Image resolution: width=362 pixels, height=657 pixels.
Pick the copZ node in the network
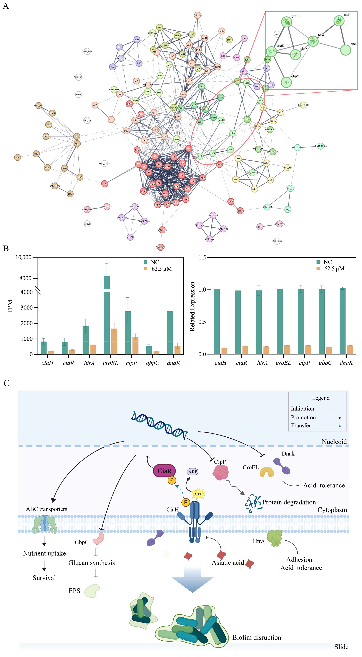[240, 211]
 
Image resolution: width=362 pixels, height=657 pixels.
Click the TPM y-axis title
[10, 306]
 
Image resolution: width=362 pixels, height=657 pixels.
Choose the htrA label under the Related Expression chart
[262, 363]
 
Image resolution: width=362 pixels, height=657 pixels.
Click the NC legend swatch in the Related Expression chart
[318, 262]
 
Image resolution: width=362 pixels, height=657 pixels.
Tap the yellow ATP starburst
[198, 494]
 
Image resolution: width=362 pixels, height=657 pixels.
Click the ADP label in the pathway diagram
[193, 472]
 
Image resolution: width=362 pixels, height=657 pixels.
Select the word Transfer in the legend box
[301, 425]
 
